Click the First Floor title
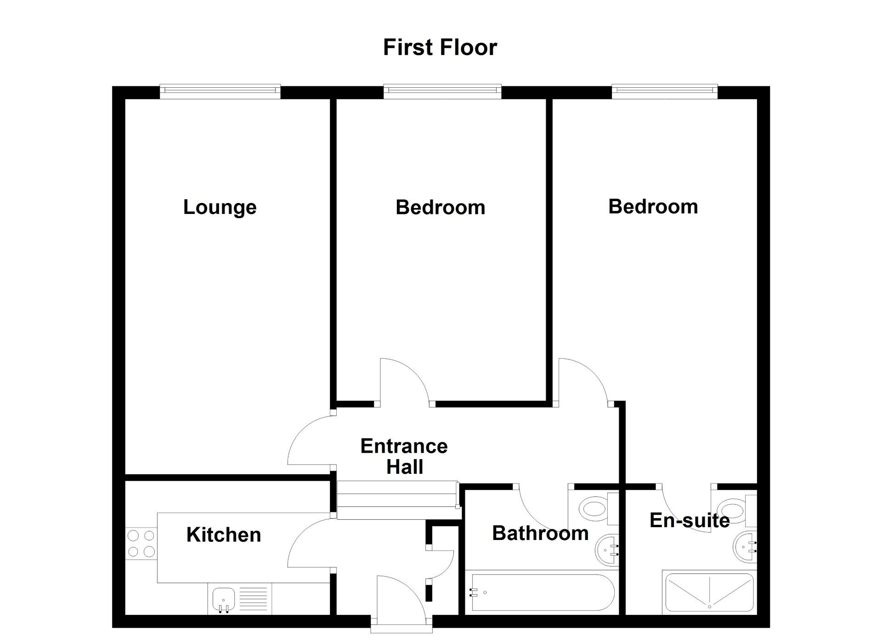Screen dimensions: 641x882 (440, 48)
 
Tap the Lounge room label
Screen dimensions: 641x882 (220, 207)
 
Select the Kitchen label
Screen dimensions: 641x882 (224, 535)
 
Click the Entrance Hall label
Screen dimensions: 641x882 (404, 456)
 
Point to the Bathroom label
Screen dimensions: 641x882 (540, 534)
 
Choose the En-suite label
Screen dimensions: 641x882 (690, 520)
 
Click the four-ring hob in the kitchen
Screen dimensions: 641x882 (141, 543)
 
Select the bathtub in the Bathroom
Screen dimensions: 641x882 (541, 592)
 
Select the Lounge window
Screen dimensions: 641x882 (220, 91)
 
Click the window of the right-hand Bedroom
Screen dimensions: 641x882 (664, 91)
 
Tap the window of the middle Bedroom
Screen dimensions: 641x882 (442, 91)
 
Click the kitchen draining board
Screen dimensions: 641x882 (253, 599)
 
